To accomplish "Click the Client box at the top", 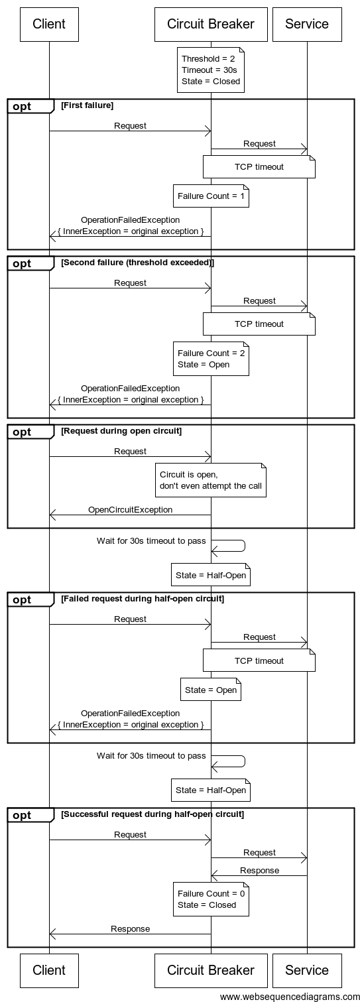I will click(x=49, y=25).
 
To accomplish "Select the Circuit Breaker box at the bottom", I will click(x=211, y=970).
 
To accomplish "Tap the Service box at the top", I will click(x=306, y=25).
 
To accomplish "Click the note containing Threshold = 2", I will click(x=211, y=70).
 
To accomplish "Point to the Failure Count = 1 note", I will click(x=211, y=196).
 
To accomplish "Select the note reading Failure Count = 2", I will click(x=211, y=359).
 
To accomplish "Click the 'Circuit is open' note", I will click(x=211, y=480).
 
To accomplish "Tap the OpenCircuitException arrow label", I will click(x=130, y=510).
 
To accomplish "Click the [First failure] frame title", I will click(x=87, y=105).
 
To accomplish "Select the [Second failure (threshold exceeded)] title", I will click(x=137, y=263).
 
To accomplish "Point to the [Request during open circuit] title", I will click(x=121, y=431).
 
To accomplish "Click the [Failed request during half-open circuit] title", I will click(x=142, y=599).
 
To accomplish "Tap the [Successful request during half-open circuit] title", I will click(x=152, y=814).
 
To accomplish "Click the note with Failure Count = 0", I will click(x=211, y=899).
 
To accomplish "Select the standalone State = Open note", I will click(x=211, y=690).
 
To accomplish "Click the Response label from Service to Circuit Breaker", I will click(x=259, y=870).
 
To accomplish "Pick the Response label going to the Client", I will click(x=130, y=928).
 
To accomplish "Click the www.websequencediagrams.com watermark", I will click(x=290, y=996).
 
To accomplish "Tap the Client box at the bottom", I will click(x=49, y=970).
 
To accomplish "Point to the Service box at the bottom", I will click(x=306, y=970).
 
